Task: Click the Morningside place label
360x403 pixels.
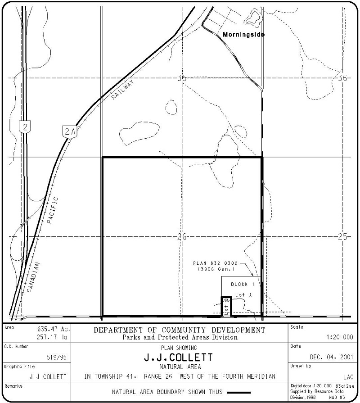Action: coord(244,35)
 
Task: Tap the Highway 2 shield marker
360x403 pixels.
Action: coord(26,127)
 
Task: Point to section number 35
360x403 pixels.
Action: coord(181,78)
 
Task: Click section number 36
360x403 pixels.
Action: coord(342,78)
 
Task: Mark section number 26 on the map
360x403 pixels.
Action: coord(181,236)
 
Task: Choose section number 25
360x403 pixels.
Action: coord(342,236)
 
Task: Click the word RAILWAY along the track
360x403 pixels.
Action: coord(122,94)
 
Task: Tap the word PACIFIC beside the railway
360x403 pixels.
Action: coord(52,210)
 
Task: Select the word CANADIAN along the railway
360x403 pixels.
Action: coord(33,278)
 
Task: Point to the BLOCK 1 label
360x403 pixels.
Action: coord(243,285)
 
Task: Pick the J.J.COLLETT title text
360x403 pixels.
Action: coord(179,358)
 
